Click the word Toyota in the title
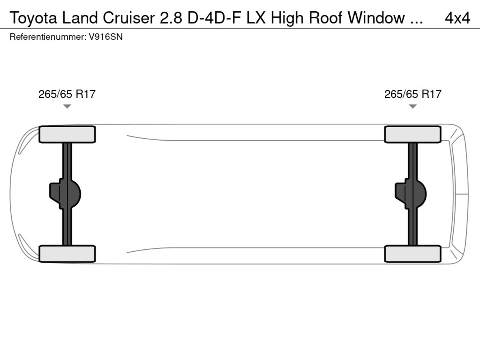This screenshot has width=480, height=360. click(33, 18)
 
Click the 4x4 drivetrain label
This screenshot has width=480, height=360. click(457, 18)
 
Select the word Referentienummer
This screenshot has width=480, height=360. click(47, 37)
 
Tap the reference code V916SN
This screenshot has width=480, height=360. click(106, 37)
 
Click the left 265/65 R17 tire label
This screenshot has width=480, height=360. click(67, 94)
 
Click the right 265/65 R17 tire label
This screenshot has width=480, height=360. click(412, 94)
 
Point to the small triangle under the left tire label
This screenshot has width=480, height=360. click(67, 106)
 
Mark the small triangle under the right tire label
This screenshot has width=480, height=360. click(412, 106)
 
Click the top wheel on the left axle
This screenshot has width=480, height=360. click(67, 134)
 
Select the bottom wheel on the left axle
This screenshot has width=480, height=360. click(67, 253)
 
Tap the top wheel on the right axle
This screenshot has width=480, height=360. click(412, 134)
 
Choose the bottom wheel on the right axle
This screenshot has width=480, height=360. click(412, 253)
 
